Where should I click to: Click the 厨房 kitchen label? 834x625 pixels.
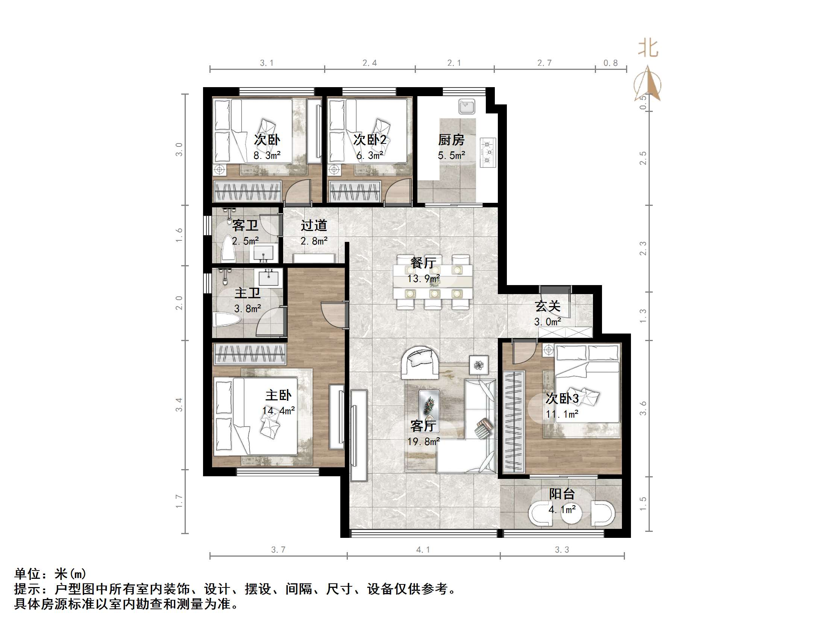[451, 140]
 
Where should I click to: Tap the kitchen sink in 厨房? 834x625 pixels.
[466, 107]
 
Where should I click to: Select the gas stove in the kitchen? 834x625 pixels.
[488, 152]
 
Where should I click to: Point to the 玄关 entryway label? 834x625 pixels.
[547, 306]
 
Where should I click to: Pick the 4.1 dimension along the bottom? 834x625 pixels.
[423, 550]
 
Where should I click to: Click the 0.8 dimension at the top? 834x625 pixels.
[610, 63]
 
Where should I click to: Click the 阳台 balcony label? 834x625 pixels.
[561, 494]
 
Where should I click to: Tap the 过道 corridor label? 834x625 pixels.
[314, 226]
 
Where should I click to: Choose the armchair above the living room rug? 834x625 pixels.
[420, 362]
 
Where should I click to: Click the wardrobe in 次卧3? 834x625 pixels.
[514, 421]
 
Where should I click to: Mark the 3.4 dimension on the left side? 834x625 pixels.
[179, 405]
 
